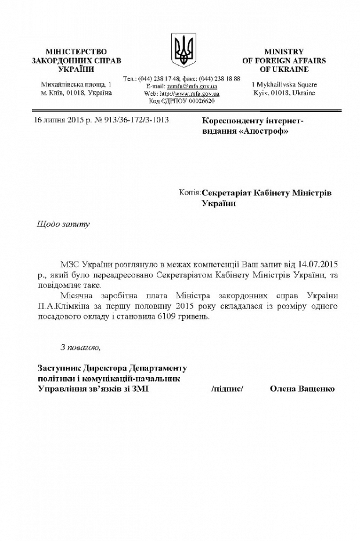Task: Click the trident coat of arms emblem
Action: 184,49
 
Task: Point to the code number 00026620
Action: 200,101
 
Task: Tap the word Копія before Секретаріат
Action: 190,192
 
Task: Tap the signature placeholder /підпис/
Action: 228,389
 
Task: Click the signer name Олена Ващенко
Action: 302,389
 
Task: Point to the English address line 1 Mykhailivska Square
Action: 284,84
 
